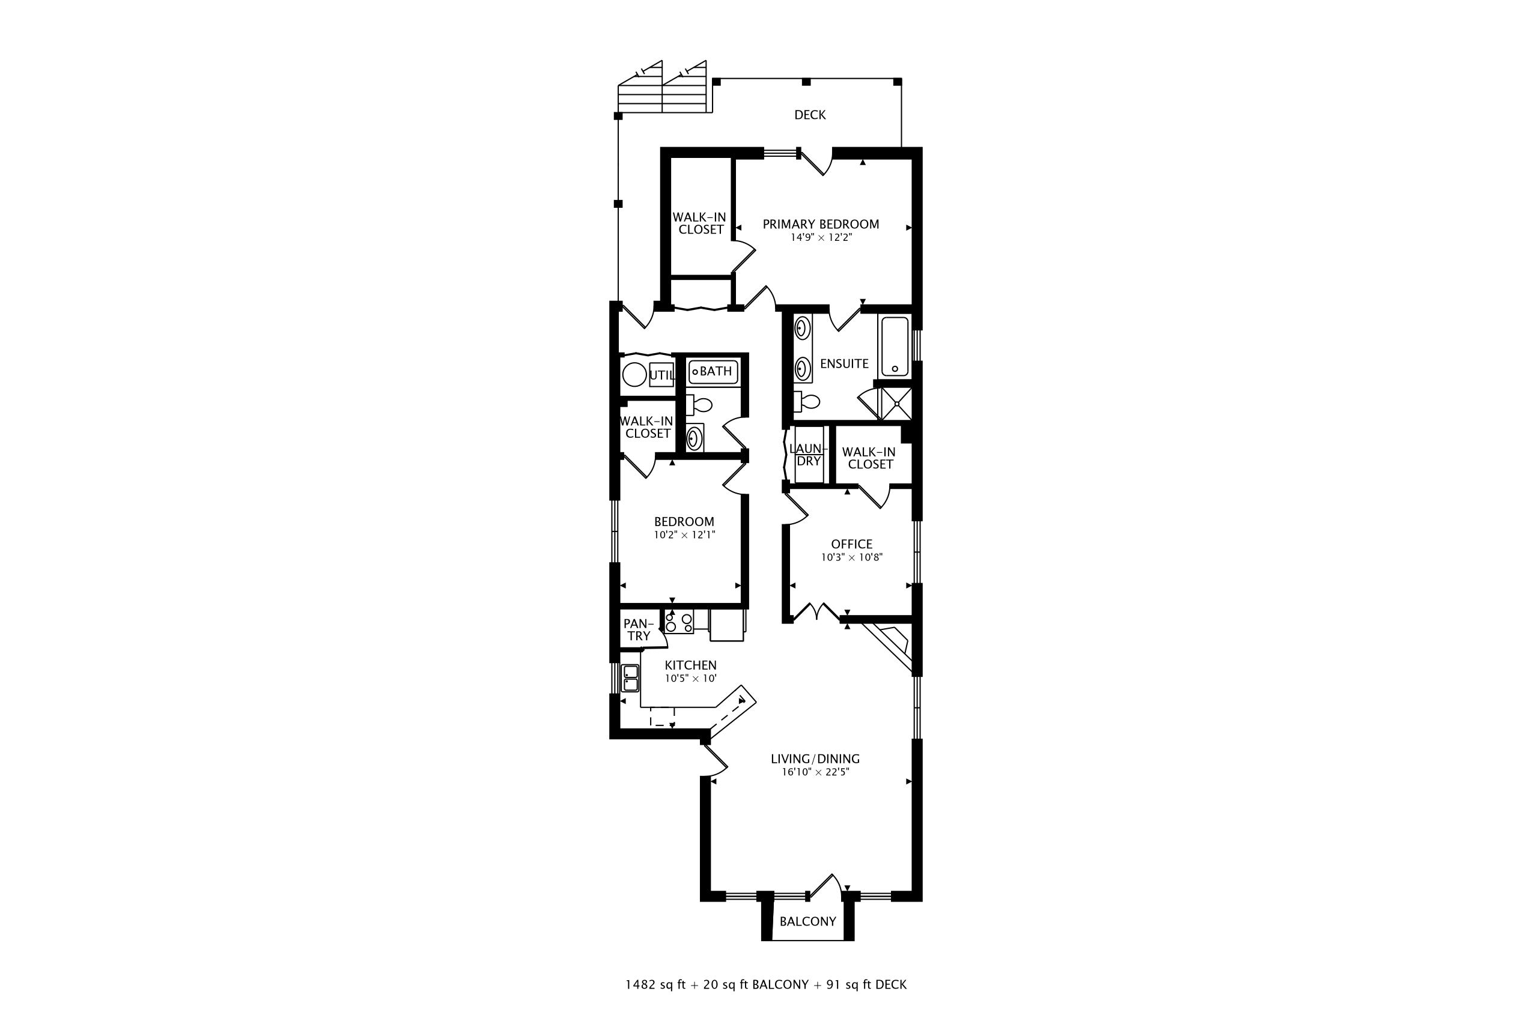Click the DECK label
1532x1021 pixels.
[x=810, y=115]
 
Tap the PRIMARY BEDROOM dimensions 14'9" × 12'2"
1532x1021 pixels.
[x=821, y=238]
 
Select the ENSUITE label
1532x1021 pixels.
[x=844, y=364]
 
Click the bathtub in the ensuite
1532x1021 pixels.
[x=895, y=346]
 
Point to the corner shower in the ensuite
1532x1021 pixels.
[x=896, y=404]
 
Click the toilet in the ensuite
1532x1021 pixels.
[x=807, y=402]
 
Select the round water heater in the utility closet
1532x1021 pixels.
[x=634, y=375]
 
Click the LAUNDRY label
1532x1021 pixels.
[x=808, y=455]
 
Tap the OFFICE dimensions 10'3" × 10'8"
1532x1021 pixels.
[x=851, y=558]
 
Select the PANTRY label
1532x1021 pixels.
[x=638, y=630]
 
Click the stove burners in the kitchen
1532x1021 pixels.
[x=679, y=622]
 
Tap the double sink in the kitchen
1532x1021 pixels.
[x=630, y=678]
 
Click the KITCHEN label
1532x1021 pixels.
[x=690, y=665]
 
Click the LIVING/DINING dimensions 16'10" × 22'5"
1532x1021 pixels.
[x=815, y=773]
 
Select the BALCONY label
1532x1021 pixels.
[x=807, y=922]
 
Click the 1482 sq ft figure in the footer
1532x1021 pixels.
[x=655, y=985]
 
